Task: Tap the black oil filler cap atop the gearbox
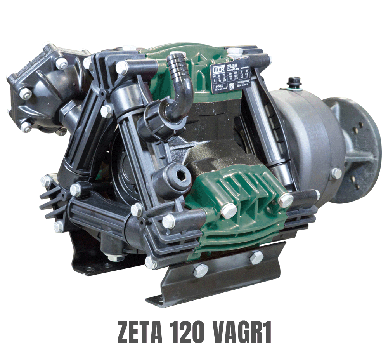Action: click(294, 82)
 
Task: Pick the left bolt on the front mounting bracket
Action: click(200, 270)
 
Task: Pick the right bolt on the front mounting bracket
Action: click(256, 257)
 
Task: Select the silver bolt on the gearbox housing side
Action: click(336, 173)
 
